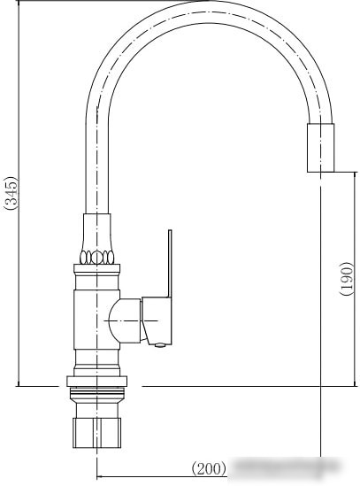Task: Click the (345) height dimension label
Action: tap(11, 193)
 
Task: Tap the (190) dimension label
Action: tap(347, 279)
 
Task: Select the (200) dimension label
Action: tap(209, 468)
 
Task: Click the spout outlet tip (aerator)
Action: tap(321, 148)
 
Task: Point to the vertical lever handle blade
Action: tap(170, 264)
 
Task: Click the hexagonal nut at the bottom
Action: tap(96, 433)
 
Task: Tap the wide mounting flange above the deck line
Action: tap(96, 382)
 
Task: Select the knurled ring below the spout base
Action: tap(97, 258)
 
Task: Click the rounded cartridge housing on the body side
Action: tap(126, 320)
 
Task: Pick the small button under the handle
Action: tap(160, 344)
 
